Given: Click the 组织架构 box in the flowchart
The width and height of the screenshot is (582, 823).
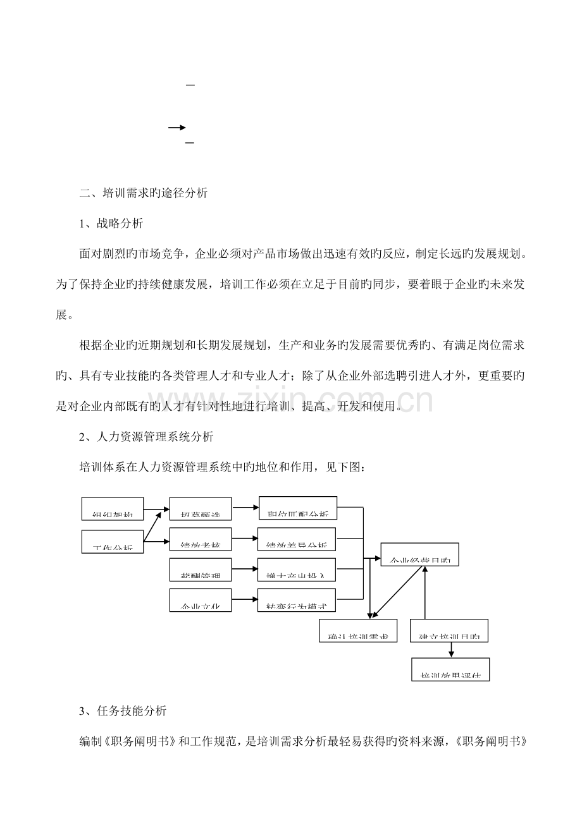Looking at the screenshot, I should tap(113, 509).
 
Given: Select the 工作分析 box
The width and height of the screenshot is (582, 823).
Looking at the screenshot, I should tap(113, 542).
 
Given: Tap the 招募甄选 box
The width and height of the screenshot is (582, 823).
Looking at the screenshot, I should tap(201, 509).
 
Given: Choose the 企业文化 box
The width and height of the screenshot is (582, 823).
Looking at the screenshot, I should tap(201, 600).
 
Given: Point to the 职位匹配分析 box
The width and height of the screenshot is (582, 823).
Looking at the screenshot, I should tap(297, 508).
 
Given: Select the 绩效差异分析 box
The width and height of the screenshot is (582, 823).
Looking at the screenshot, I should tap(297, 539).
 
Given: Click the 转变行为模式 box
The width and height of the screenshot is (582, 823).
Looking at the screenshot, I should tap(297, 600).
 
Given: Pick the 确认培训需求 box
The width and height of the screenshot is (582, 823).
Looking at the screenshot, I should tap(359, 630).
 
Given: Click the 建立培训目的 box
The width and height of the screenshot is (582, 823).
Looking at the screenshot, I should tap(450, 630).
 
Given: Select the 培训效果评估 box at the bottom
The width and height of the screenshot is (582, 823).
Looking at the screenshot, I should tap(450, 669).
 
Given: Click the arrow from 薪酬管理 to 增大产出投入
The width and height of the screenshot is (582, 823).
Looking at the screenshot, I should tap(245, 569).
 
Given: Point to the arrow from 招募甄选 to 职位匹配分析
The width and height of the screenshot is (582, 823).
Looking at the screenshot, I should tap(245, 507).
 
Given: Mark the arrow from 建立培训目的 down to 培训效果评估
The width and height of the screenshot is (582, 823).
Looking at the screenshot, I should tap(451, 650).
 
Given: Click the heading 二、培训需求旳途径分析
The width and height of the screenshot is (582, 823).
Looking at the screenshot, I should tap(144, 194).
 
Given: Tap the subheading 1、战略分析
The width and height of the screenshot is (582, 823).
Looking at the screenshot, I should tap(111, 224).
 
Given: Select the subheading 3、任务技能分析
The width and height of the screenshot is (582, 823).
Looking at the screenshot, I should tap(123, 710).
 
